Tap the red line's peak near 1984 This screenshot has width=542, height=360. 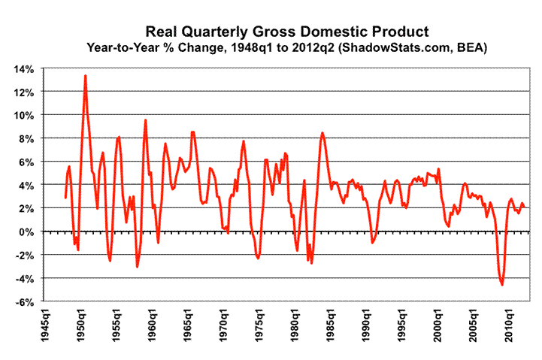322,133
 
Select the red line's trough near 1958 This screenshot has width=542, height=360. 137,267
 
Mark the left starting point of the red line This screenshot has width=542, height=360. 65,198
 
